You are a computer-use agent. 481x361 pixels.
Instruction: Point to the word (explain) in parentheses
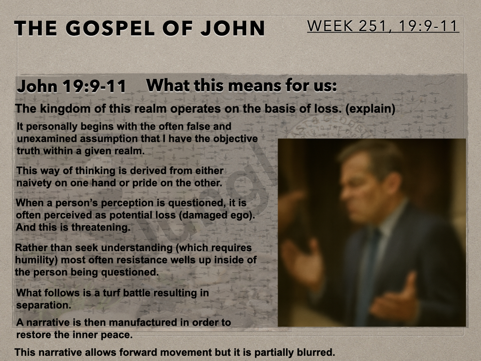click(370, 109)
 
